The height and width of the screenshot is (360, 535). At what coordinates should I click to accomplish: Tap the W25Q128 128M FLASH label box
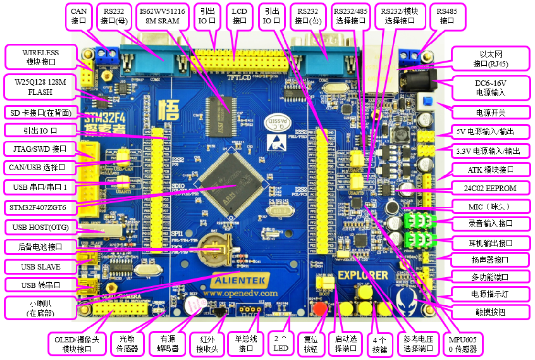tap(40, 87)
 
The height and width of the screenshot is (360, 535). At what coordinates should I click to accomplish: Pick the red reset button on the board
tap(319, 308)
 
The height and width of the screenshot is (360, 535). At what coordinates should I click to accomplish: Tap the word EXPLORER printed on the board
tap(363, 275)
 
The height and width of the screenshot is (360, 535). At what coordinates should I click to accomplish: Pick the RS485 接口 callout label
tap(447, 16)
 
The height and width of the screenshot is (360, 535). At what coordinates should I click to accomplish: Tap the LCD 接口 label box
tap(239, 16)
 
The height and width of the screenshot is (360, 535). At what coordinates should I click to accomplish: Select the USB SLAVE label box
tap(41, 266)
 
